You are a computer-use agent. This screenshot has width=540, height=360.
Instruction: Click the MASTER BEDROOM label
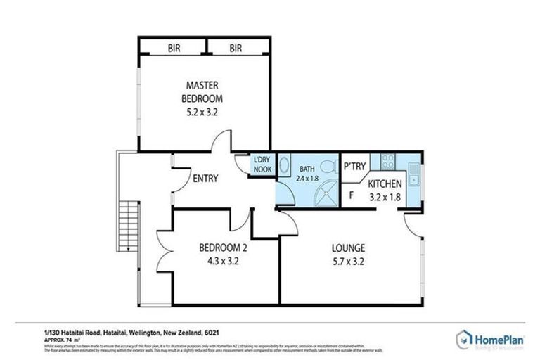[x=202, y=92]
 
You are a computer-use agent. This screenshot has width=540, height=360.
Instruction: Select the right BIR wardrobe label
[x=236, y=48]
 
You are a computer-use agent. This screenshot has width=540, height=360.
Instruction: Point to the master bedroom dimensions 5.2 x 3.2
[x=202, y=111]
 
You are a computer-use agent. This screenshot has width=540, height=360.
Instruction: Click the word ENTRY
[x=205, y=179]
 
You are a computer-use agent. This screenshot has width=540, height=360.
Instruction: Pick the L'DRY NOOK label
[x=262, y=165]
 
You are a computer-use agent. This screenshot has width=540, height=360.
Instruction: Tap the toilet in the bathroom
[x=328, y=167]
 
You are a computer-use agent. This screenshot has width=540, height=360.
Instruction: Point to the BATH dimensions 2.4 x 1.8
[x=307, y=179]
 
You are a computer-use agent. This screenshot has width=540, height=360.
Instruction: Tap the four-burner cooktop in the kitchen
[x=387, y=162]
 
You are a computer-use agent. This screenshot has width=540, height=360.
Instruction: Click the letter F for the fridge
[x=349, y=195]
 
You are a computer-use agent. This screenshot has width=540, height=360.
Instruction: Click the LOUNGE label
[x=349, y=248]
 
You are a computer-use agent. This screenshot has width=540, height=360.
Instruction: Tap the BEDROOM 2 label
[x=222, y=248]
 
